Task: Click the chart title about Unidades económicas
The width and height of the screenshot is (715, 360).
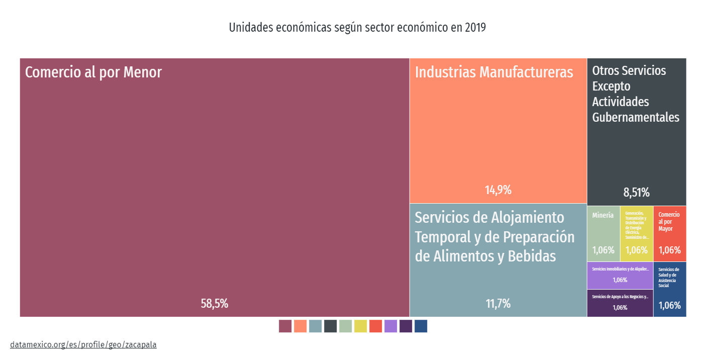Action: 357,28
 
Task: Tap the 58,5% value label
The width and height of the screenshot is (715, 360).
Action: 215,304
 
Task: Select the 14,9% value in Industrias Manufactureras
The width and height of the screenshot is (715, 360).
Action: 498,190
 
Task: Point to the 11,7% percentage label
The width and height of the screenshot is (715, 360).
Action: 498,304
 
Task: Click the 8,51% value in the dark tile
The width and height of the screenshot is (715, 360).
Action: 636,193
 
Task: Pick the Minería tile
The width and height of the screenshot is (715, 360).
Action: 603,233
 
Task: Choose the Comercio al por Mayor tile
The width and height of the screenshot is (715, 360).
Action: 669,233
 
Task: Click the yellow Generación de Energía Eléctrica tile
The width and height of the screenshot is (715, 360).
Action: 636,233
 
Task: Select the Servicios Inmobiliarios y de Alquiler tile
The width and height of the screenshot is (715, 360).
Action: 620,275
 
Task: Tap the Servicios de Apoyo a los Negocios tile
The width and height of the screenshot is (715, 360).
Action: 620,303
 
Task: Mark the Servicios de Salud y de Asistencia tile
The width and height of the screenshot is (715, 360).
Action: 669,289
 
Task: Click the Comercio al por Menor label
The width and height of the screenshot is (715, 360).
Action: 93,72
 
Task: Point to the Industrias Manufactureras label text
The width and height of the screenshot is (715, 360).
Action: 494,72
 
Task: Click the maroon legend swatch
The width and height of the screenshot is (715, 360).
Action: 285,326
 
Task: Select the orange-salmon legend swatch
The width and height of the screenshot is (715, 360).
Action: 300,326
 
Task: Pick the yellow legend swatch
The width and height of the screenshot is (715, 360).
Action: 361,326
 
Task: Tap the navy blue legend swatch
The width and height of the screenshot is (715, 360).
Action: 421,326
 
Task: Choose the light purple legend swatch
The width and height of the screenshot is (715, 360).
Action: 391,326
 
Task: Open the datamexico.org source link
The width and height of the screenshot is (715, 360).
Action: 83,345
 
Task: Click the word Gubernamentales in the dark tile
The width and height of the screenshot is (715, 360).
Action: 636,118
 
